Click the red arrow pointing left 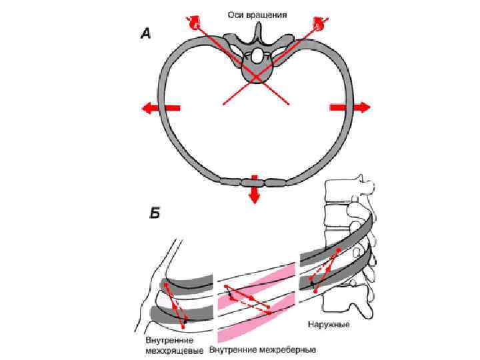(x=159, y=108)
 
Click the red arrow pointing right (x=349, y=107)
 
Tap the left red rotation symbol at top (x=195, y=23)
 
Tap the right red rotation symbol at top (x=318, y=23)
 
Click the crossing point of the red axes (x=256, y=71)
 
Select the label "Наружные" (x=329, y=326)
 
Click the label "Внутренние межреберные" (x=263, y=349)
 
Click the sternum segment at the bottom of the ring (x=253, y=181)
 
